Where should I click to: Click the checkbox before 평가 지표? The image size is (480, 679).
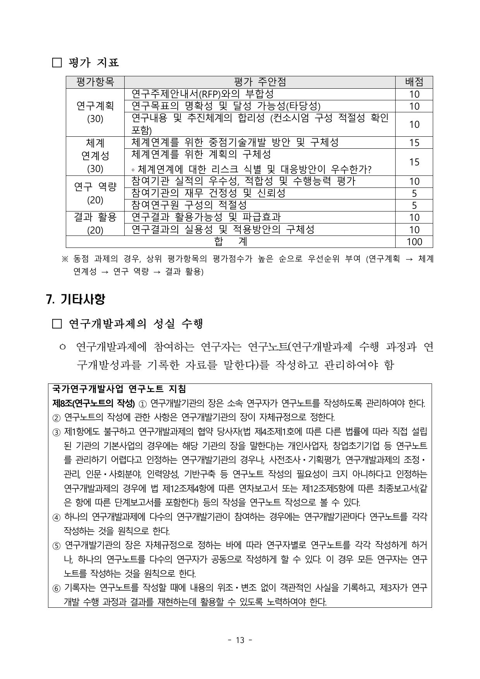57,63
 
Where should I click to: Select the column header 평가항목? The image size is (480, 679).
95,82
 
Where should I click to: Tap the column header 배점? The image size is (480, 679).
414,82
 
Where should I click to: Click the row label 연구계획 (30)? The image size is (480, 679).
95,112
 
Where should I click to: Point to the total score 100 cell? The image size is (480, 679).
414,242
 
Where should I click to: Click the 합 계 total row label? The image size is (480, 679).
230,242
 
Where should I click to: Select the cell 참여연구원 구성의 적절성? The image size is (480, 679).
189,205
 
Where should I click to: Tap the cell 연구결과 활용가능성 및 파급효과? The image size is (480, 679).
206,217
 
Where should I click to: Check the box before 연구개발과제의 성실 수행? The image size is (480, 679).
57,324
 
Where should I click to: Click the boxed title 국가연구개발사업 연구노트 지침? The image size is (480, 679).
119,388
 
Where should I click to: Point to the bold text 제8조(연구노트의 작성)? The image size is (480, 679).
93,403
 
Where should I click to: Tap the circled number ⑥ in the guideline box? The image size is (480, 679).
57,588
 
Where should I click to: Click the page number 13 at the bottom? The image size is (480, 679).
240,640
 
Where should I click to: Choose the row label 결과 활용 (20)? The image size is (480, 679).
95,223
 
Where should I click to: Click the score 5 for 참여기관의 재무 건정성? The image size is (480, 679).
414,193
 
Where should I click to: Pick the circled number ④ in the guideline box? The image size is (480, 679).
57,517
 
